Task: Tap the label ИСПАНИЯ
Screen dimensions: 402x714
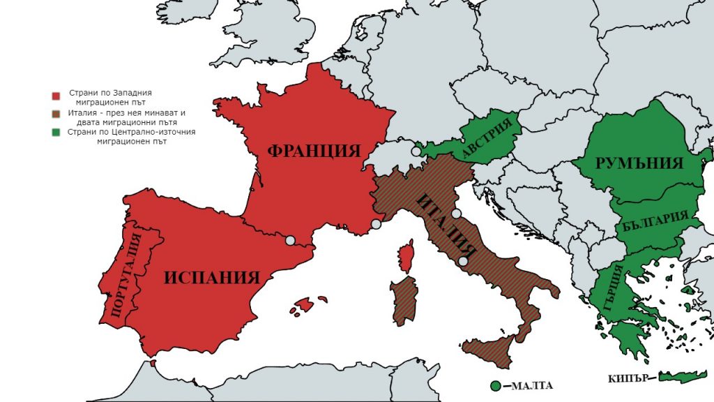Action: [212, 277]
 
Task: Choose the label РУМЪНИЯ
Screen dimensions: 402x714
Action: [639, 163]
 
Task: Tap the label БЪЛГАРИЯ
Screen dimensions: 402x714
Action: [651, 223]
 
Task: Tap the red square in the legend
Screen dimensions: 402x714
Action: [56, 96]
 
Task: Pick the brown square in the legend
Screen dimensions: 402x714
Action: [56, 114]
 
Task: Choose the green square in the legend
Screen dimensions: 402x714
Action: [56, 132]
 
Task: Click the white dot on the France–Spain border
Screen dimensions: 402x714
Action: [290, 241]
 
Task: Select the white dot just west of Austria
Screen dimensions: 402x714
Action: [416, 151]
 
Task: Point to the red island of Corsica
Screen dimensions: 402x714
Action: [405, 255]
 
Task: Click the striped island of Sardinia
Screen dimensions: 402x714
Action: [404, 300]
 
